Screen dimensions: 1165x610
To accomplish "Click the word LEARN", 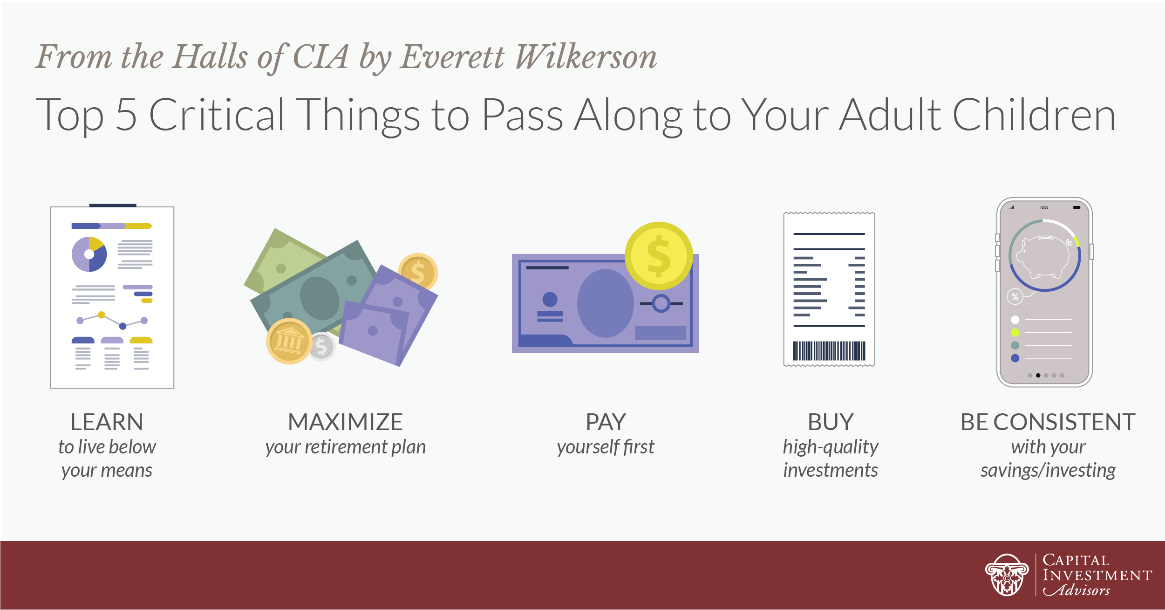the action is click(107, 422).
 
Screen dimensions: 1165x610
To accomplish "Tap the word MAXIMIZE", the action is click(345, 422).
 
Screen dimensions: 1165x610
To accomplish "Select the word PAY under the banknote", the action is click(606, 422).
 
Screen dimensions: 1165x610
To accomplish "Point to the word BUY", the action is click(831, 422).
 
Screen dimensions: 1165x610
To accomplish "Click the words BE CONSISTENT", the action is click(1048, 422).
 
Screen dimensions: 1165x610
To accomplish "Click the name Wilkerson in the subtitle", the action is click(586, 57).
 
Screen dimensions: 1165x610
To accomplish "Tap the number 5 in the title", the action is click(126, 115).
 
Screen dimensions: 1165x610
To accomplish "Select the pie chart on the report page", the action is click(89, 254).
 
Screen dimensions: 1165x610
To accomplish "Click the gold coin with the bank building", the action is click(289, 341).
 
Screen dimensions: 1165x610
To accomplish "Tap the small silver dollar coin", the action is click(322, 347).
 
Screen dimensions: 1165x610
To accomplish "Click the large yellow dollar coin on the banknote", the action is click(659, 256).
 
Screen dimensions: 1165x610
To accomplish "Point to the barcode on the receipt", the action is click(829, 351).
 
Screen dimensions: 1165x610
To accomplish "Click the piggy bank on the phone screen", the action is click(1045, 256).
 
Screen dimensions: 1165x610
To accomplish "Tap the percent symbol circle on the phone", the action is click(1015, 297).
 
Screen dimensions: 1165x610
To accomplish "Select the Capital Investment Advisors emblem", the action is click(1007, 575).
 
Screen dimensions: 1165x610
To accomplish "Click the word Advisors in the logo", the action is click(1076, 590).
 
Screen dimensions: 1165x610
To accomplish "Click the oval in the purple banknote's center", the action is click(606, 303).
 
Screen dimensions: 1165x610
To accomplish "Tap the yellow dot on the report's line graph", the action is click(102, 315).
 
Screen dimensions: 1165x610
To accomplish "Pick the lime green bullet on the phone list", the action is click(1015, 333).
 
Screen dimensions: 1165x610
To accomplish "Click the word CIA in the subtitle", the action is click(321, 57).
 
